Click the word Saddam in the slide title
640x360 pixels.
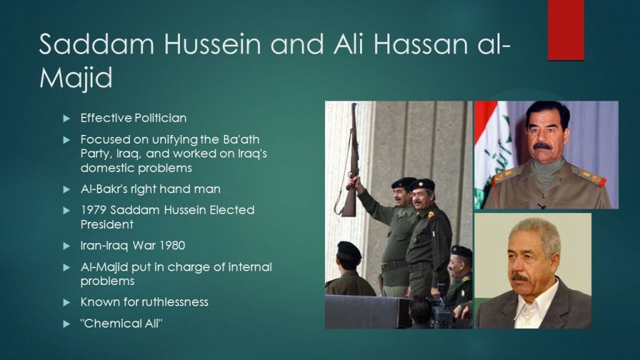(x=97, y=44)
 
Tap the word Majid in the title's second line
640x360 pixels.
(x=76, y=77)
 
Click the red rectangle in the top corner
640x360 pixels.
(x=566, y=30)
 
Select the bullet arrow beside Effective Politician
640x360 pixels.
(x=66, y=118)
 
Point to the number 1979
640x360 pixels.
(x=94, y=210)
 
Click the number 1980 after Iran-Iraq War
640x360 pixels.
(x=172, y=245)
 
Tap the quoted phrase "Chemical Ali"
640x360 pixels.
(x=121, y=323)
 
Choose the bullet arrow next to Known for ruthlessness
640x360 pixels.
(x=66, y=302)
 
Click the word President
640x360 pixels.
(x=107, y=224)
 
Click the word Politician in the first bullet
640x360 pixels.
(x=160, y=118)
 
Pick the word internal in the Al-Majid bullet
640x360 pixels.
(x=250, y=267)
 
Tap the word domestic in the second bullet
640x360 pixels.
(x=107, y=167)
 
